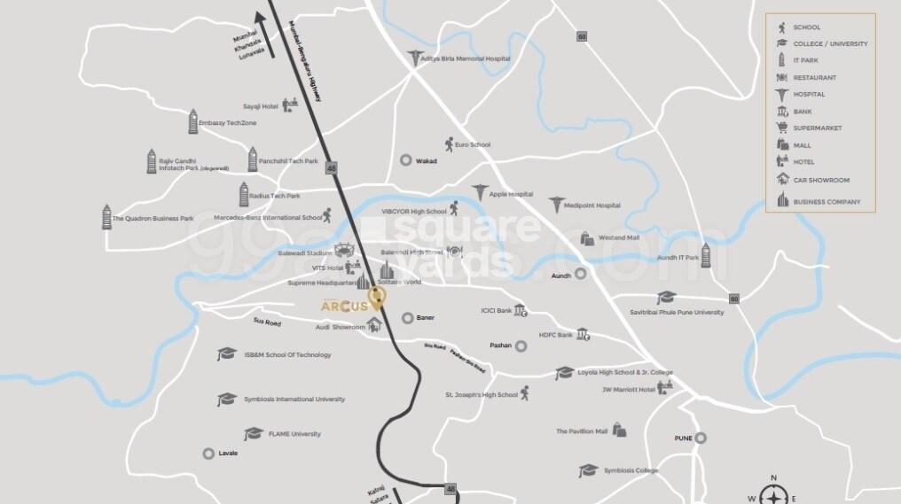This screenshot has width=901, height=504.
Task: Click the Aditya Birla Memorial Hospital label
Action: (x=472, y=58)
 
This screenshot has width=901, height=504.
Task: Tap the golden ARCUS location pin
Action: (x=378, y=298)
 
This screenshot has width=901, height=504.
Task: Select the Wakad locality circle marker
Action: (x=405, y=161)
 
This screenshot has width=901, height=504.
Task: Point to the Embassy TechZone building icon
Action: (x=192, y=121)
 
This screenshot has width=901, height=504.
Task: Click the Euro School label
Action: (x=473, y=144)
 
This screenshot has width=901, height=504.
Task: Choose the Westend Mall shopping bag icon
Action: (x=586, y=238)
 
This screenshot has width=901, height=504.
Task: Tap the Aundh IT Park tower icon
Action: (x=706, y=255)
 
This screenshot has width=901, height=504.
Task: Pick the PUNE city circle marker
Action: (x=701, y=438)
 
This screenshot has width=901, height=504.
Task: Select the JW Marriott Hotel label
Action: (x=628, y=389)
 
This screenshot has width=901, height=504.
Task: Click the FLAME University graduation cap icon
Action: (x=254, y=434)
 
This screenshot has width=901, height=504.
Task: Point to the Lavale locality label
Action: (x=228, y=454)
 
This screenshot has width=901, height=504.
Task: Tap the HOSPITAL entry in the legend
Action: (x=809, y=94)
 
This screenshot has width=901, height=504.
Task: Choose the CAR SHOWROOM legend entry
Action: (x=820, y=180)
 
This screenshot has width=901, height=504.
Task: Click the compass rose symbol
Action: (x=774, y=493)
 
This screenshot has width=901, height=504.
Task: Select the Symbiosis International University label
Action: (x=294, y=399)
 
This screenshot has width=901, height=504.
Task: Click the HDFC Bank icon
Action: (x=583, y=334)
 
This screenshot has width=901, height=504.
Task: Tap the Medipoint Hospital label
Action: (x=592, y=205)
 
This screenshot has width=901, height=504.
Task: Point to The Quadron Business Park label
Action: (x=153, y=218)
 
